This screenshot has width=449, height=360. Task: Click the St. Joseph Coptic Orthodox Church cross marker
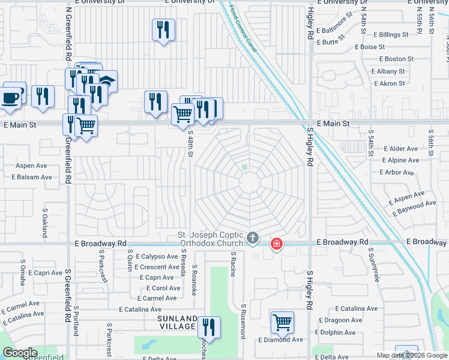tap(253, 239)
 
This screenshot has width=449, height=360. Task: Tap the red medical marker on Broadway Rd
tap(276, 244)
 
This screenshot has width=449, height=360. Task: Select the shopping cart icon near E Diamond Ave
tap(282, 322)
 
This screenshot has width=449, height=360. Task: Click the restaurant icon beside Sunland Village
tap(209, 327)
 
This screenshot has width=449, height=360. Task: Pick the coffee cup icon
tap(10, 97)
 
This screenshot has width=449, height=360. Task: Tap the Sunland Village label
tap(177, 322)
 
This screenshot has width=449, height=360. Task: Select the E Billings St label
tap(391, 35)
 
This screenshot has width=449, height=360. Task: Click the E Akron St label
tap(388, 83)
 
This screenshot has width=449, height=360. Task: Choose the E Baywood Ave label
tap(414, 208)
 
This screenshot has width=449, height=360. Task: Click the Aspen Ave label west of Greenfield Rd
tap(31, 165)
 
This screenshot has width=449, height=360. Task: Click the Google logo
tap(20, 353)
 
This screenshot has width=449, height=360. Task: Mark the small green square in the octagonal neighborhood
tap(244, 167)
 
